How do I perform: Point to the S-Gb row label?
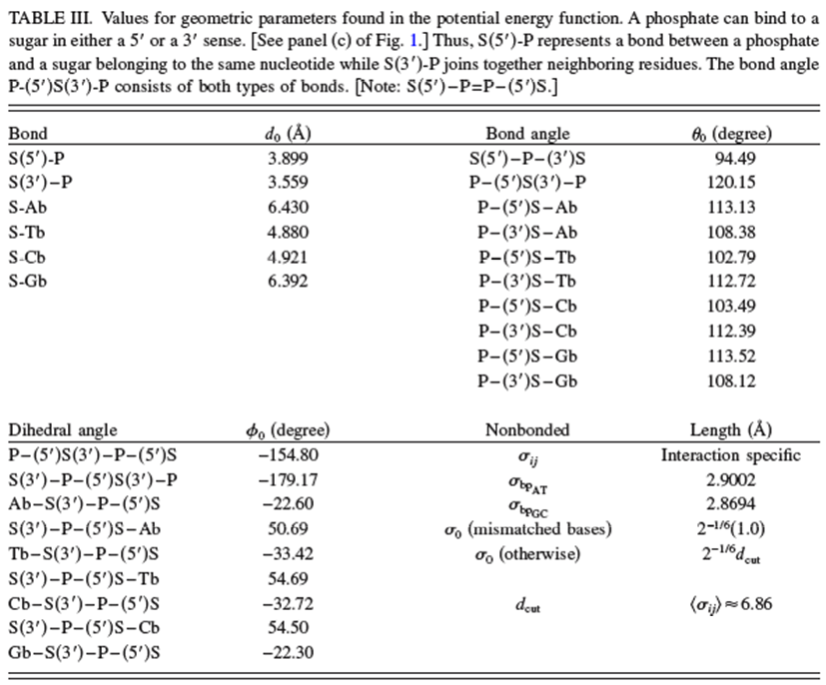tap(27, 282)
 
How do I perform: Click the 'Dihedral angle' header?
tap(63, 430)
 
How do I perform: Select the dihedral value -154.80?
tap(285, 454)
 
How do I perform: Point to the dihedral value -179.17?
tap(285, 479)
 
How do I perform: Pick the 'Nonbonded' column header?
tap(527, 430)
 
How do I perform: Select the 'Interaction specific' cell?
tap(731, 455)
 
